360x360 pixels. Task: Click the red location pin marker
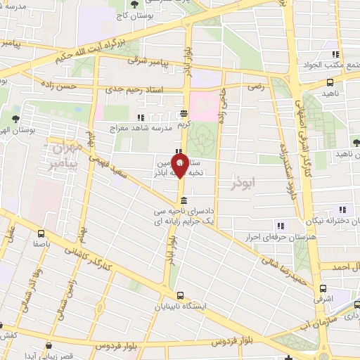181,167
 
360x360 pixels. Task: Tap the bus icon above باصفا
41,233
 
